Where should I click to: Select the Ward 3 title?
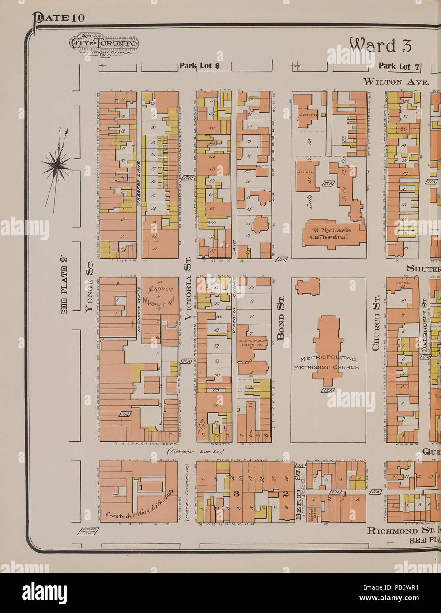[x=380, y=45]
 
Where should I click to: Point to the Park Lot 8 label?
[x=199, y=66]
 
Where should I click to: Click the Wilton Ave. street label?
[x=396, y=82]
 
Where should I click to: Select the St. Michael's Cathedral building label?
[x=331, y=233]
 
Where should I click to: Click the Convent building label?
[x=309, y=115]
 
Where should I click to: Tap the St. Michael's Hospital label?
[x=252, y=343]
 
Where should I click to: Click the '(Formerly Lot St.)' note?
[x=196, y=451]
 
